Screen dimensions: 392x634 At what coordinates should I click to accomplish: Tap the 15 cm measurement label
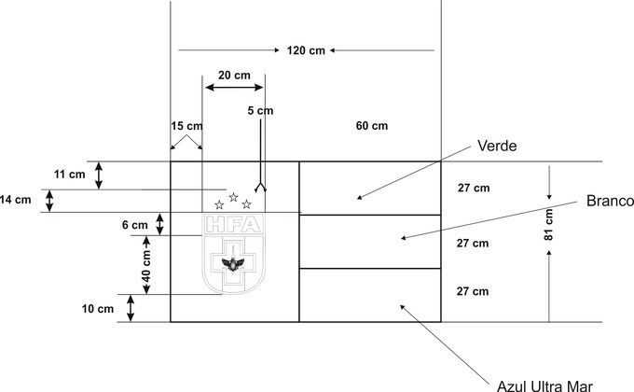[186, 126]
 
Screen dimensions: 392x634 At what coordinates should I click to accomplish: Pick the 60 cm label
[372, 125]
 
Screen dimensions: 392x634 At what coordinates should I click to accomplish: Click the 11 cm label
[69, 175]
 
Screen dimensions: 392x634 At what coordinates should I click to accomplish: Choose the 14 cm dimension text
[16, 199]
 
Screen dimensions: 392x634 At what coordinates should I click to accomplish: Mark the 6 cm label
[134, 225]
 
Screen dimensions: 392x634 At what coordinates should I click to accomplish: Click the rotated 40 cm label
[146, 265]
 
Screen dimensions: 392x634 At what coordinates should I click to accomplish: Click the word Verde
[496, 146]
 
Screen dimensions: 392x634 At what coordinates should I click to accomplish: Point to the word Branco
[610, 202]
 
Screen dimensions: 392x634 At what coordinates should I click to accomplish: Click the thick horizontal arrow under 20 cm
[234, 88]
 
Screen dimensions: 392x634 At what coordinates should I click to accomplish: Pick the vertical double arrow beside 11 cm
[101, 175]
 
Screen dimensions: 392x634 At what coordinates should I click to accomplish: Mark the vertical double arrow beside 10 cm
[131, 308]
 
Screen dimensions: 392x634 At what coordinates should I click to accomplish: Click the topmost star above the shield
[233, 196]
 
